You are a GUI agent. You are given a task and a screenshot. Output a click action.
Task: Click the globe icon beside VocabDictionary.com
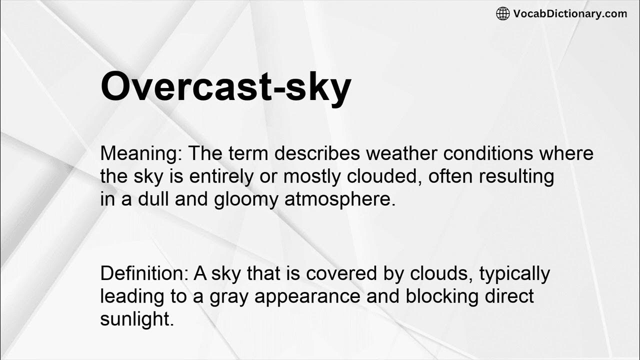tap(502, 14)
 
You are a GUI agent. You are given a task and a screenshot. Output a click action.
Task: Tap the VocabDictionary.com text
tap(570, 14)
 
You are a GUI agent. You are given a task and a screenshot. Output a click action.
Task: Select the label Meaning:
tap(141, 153)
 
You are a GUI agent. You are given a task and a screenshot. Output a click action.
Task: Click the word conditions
tap(495, 153)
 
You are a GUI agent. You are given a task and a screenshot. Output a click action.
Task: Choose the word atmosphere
tap(340, 199)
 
